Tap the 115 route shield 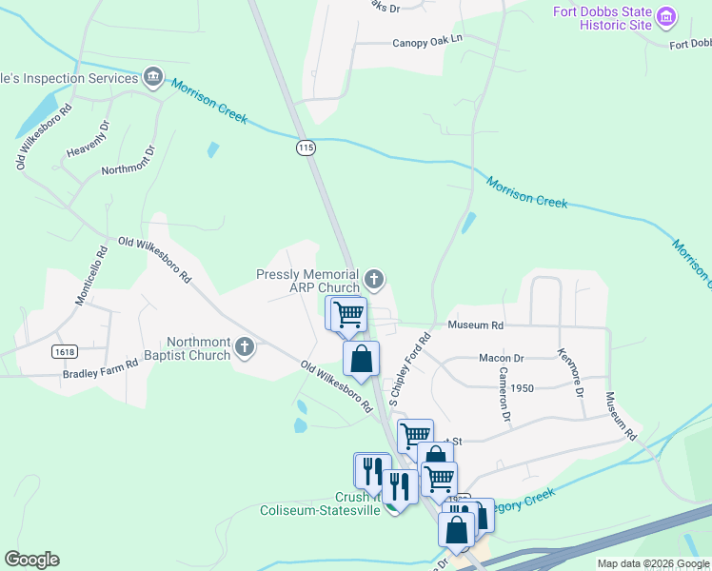pyautogui.click(x=305, y=148)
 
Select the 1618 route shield pyautogui.click(x=66, y=351)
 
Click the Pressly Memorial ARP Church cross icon pyautogui.click(x=374, y=279)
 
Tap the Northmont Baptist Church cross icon pyautogui.click(x=245, y=346)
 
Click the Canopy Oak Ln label pyautogui.click(x=426, y=42)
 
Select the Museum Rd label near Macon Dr pyautogui.click(x=475, y=325)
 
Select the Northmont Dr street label pyautogui.click(x=128, y=161)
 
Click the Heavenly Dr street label pyautogui.click(x=89, y=139)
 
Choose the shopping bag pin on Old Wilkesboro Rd pyautogui.click(x=361, y=359)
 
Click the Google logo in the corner pyautogui.click(x=31, y=560)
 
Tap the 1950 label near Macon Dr pyautogui.click(x=522, y=388)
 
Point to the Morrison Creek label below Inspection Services pyautogui.click(x=209, y=103)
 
